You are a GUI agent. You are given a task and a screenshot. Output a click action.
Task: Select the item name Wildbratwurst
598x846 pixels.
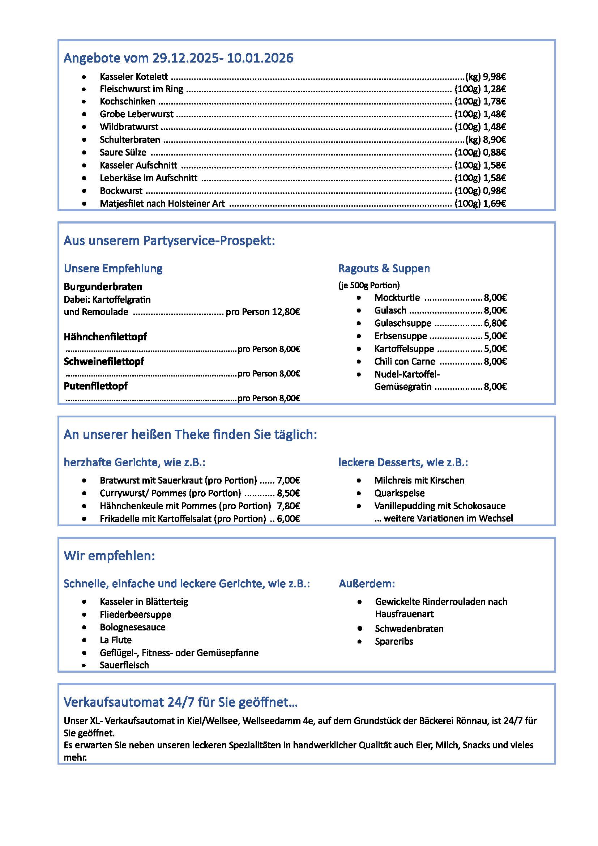(x=129, y=127)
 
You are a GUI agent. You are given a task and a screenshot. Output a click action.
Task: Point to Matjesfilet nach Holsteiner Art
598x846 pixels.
(x=162, y=204)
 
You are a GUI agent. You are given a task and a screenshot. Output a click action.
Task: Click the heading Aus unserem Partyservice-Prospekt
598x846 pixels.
(x=169, y=241)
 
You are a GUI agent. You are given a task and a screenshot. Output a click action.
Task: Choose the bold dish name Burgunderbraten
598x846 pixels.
(x=103, y=287)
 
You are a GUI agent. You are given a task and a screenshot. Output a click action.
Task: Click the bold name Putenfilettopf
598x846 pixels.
(x=95, y=386)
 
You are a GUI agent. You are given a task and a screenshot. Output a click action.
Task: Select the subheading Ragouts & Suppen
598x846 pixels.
(x=384, y=269)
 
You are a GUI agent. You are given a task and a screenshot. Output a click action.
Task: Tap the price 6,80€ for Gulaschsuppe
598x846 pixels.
(x=495, y=323)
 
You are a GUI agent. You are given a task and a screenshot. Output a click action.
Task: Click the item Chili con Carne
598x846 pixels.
(x=404, y=362)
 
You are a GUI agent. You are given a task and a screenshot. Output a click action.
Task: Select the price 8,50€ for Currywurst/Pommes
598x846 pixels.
(x=288, y=493)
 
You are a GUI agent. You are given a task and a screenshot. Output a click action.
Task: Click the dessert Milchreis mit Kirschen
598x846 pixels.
(x=419, y=480)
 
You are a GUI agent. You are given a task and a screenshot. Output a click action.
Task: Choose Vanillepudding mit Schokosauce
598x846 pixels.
(x=440, y=506)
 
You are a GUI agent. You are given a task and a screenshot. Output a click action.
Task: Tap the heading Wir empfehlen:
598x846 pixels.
(x=109, y=556)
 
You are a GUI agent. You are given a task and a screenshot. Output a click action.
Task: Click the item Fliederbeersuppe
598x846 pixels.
(x=135, y=615)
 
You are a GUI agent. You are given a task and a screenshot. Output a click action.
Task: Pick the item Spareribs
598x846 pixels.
(x=394, y=642)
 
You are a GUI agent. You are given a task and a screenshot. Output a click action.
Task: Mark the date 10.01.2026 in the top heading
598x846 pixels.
(x=260, y=58)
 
